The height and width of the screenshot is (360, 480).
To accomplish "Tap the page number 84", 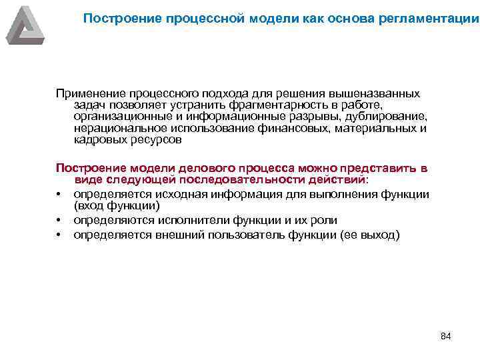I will pyautogui.click(x=446, y=335).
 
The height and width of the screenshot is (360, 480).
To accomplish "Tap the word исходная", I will pyautogui.click(x=179, y=194).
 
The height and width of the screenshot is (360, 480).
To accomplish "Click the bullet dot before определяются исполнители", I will pyautogui.click(x=59, y=221).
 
